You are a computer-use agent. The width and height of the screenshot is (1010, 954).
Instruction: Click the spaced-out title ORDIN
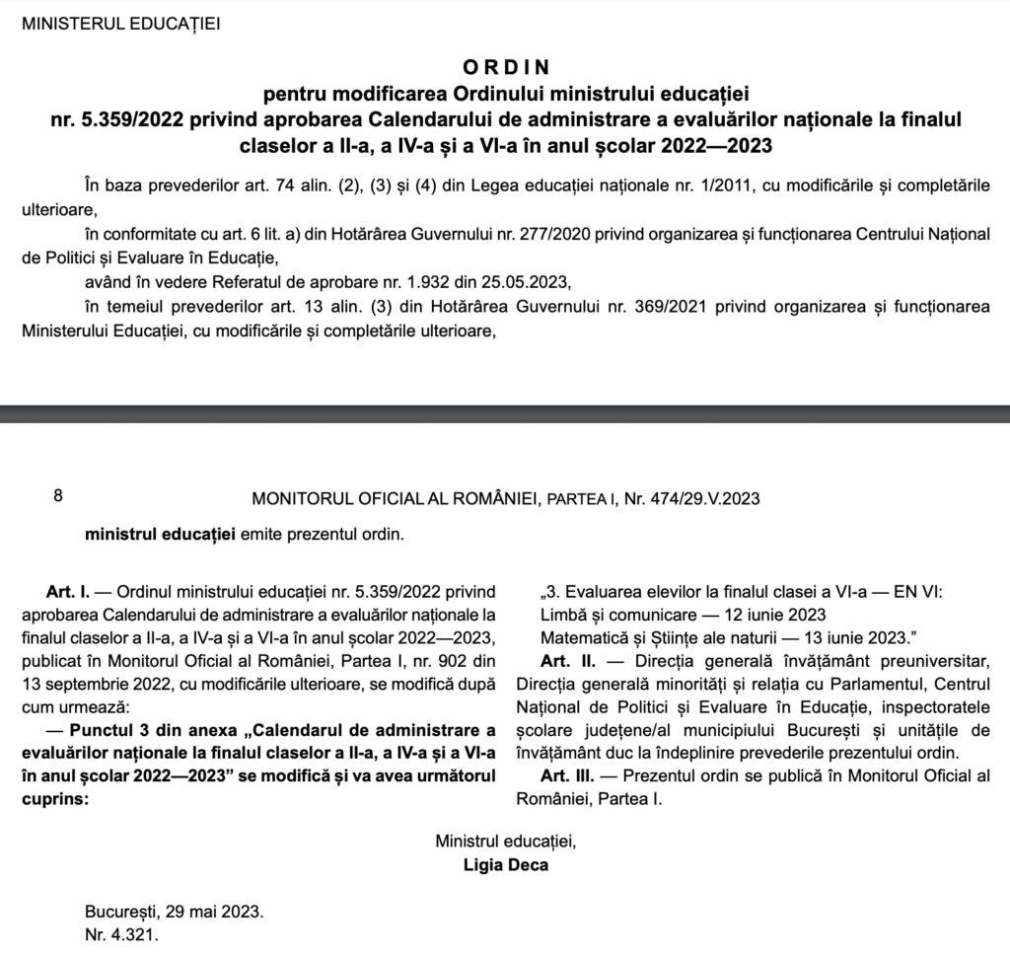point(504,68)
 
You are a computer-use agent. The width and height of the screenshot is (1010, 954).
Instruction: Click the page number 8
point(58,498)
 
